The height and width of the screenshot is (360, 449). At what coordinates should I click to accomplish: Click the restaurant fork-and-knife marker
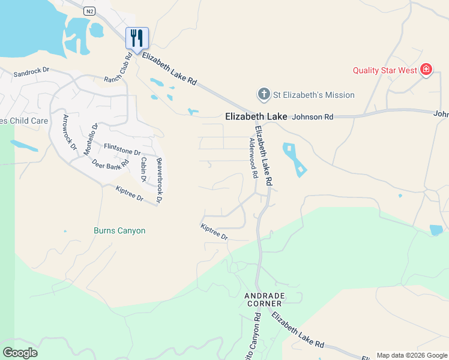coord(137,38)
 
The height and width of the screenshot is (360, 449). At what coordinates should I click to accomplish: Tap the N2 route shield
coord(89,11)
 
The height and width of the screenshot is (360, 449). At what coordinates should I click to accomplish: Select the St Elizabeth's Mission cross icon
coord(263,94)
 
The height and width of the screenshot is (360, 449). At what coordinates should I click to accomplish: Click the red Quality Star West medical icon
coord(426,70)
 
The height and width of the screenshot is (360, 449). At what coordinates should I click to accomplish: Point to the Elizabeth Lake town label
coord(256,117)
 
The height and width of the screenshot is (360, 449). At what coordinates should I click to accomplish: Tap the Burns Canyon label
coord(119,230)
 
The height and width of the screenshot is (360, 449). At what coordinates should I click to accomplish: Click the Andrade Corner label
coord(264,299)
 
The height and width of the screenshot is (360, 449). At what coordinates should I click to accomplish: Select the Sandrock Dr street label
coord(31,71)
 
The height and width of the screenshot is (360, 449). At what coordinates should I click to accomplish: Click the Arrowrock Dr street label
coord(70,131)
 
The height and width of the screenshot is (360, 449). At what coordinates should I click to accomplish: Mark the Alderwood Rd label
coord(254,158)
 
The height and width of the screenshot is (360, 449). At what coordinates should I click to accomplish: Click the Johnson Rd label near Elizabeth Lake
coord(312,118)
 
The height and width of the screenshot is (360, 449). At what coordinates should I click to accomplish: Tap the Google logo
coord(20,353)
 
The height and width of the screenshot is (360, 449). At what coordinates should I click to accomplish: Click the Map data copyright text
coord(412,355)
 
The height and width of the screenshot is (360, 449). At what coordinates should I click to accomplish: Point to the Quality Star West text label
coord(385,70)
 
